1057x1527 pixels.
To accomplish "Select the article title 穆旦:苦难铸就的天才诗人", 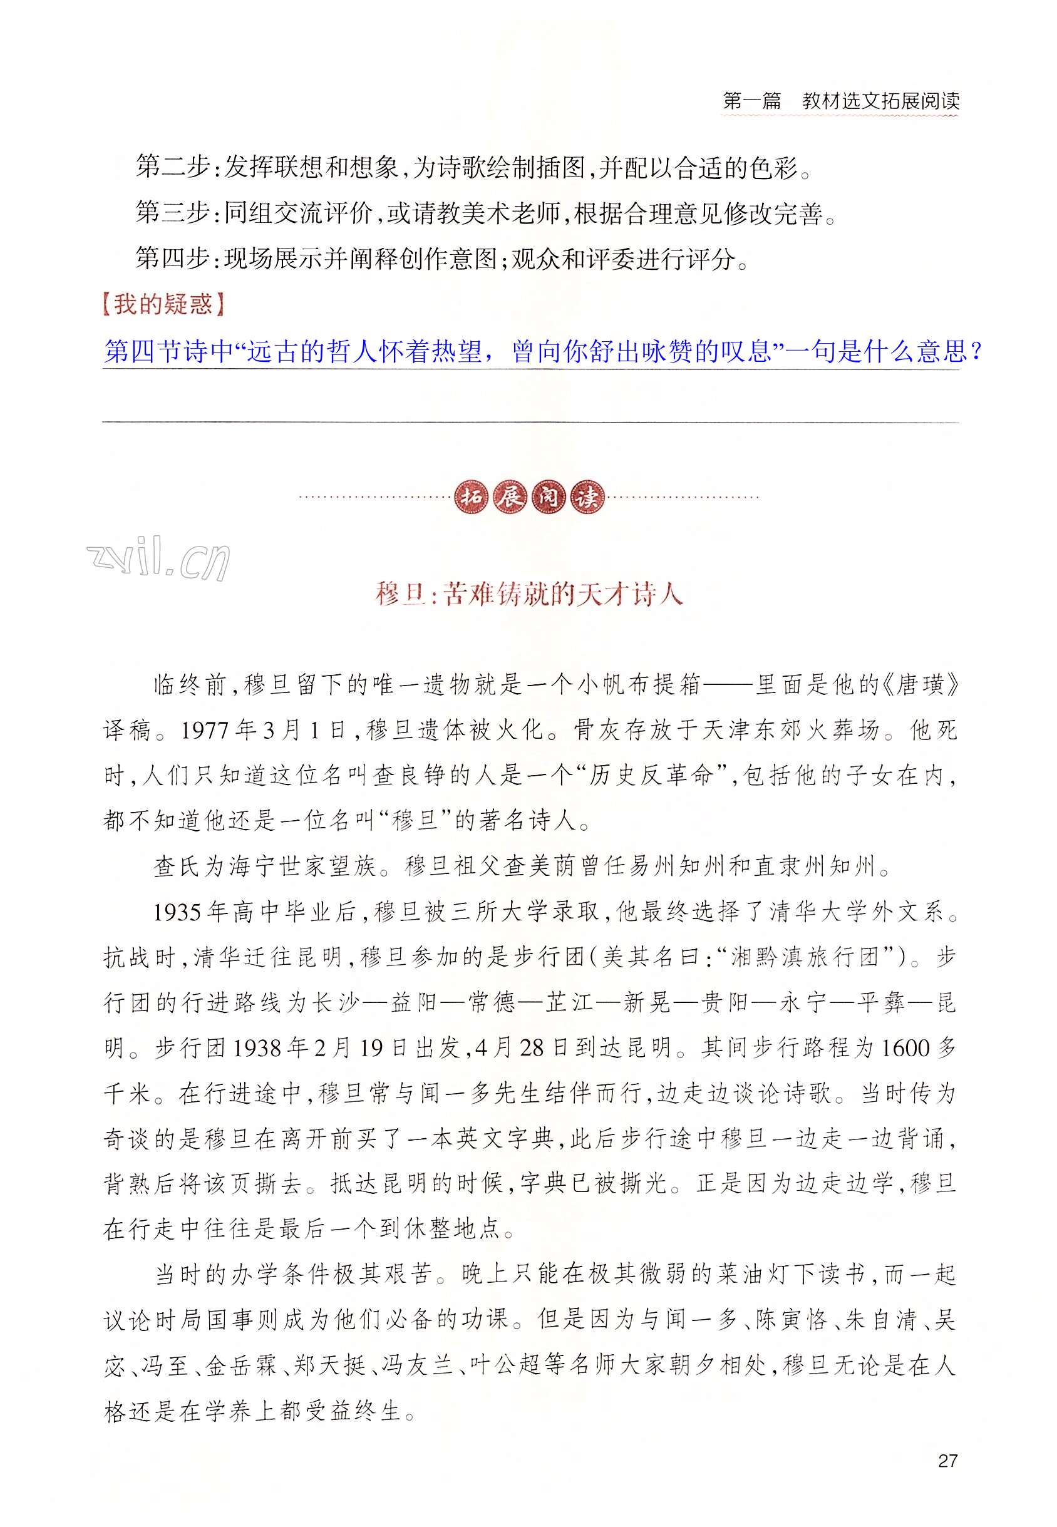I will pyautogui.click(x=528, y=594).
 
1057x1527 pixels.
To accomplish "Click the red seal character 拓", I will pyautogui.click(x=472, y=496).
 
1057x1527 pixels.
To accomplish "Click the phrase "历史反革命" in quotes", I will pyautogui.click(x=645, y=776).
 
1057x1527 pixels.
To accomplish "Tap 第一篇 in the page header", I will pyautogui.click(x=751, y=101).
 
